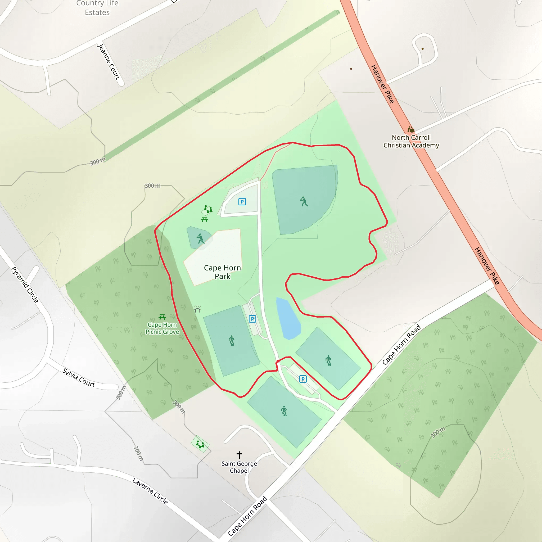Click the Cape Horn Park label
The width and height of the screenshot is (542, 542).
coord(222,272)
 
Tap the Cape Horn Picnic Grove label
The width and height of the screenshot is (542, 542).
coord(162,328)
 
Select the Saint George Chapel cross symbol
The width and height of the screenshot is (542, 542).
coord(239,454)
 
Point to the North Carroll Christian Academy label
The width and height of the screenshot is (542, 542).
coord(411,141)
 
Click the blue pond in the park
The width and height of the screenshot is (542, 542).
coord(288,319)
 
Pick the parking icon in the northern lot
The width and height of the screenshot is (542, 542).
coord(242,201)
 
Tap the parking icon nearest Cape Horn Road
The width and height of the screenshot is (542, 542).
coord(303,379)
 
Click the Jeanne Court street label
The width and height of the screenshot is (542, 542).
coord(109,62)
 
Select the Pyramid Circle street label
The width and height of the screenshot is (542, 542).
coord(25,284)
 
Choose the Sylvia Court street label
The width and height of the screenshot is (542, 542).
coord(79,377)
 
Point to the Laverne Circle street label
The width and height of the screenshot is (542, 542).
coord(150,491)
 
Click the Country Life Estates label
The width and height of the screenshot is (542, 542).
coord(97,8)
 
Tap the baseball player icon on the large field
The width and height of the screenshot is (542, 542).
coord(304,201)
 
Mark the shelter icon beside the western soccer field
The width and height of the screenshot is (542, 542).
coord(197,309)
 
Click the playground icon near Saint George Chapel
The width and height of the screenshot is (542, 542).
coord(200,444)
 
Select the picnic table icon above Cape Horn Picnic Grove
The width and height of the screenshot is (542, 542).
coord(162,317)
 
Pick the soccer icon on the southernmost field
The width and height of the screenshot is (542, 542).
coord(284,411)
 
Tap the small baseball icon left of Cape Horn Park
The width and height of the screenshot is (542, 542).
coord(200,238)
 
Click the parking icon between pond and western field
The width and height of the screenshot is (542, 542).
coord(252,319)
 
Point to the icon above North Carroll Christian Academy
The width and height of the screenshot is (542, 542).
coord(411,129)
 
